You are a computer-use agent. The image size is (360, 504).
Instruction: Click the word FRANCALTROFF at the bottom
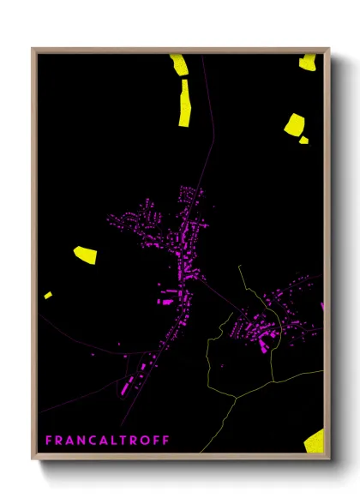coord(107,440)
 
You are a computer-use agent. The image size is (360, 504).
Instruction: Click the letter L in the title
coord(117,440)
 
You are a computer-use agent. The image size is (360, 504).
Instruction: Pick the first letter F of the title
coord(48,440)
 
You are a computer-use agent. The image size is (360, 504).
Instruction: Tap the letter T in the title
coord(124,440)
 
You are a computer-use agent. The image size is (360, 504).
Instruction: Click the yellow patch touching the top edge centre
coord(179,64)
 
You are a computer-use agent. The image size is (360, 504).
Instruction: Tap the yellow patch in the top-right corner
coord(308,61)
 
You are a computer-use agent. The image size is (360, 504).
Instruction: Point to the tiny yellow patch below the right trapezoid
coord(303,140)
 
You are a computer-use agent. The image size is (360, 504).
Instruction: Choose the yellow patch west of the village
coord(85,254)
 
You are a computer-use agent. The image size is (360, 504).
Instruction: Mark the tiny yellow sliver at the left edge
coord(48,295)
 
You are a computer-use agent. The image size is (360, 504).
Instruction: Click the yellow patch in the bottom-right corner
coord(315,441)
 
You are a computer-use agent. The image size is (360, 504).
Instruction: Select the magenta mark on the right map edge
coord(323,306)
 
